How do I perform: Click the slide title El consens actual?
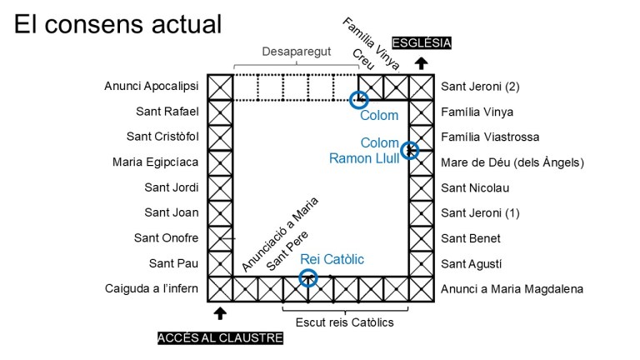click(x=118, y=23)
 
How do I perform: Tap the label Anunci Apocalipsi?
click(x=151, y=86)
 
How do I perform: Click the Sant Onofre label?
click(x=166, y=237)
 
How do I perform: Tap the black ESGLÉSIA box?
click(x=422, y=42)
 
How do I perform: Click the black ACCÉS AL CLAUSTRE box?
click(x=220, y=337)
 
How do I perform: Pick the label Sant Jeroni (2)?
click(x=480, y=86)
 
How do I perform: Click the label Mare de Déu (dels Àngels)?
click(x=512, y=162)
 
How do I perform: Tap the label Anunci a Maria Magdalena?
click(x=512, y=288)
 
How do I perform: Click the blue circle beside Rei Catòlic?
click(x=308, y=277)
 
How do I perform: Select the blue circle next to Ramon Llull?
click(x=409, y=151)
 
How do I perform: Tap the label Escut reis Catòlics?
click(x=344, y=322)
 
